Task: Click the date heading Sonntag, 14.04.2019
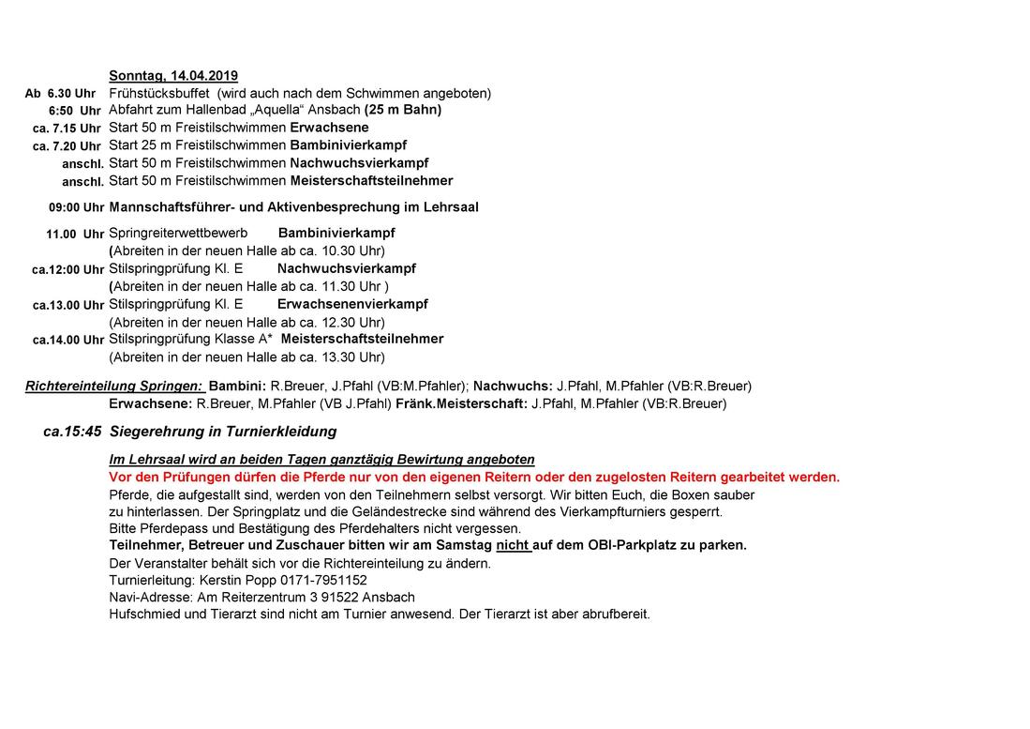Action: (x=173, y=75)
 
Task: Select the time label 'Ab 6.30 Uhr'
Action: (x=60, y=94)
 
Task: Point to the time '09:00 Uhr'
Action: (x=77, y=207)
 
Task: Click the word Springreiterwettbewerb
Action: (x=178, y=233)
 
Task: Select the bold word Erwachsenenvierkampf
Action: (x=352, y=304)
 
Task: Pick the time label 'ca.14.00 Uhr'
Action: (x=68, y=340)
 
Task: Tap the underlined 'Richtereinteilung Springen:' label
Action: (x=113, y=386)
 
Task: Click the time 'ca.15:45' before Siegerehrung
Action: (x=72, y=433)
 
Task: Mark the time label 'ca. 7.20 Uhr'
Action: (x=67, y=146)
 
